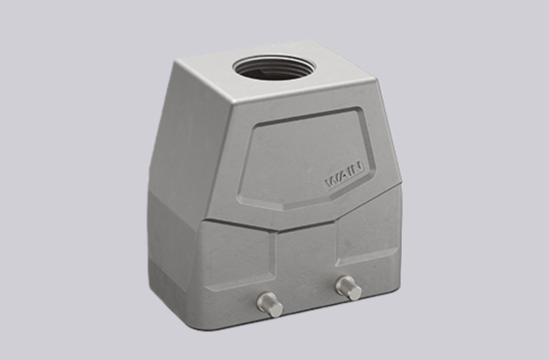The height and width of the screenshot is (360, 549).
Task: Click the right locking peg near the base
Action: (348, 288)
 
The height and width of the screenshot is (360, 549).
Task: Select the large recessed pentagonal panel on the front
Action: (305, 159)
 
